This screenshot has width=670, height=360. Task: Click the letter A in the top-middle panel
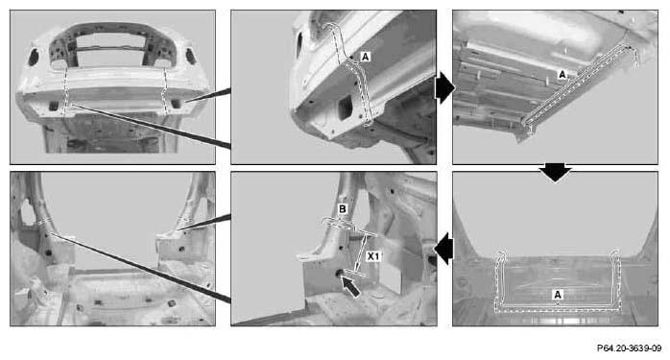coord(365,56)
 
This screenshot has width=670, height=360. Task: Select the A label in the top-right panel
coord(562,74)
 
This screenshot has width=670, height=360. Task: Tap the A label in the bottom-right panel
coord(557,295)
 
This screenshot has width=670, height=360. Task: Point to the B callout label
coord(343,209)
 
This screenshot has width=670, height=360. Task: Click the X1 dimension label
coord(373,256)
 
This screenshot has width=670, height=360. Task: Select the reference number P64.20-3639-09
coord(629,348)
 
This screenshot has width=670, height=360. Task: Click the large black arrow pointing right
coord(444,88)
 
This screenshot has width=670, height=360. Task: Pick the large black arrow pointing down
coord(555,173)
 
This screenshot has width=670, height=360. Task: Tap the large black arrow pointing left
coord(444,249)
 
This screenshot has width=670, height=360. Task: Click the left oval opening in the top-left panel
coord(34,58)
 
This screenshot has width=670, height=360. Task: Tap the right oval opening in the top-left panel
coord(191,57)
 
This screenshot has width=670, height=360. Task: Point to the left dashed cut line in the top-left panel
coord(65,90)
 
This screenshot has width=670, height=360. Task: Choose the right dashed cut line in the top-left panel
coord(164,90)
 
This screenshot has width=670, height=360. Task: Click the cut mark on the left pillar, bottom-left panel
coord(45,222)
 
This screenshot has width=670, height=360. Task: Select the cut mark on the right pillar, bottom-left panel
coord(183,221)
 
